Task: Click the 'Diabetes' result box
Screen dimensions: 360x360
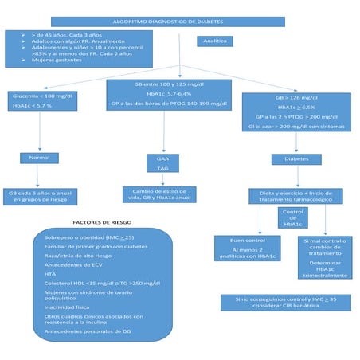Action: coord(296,158)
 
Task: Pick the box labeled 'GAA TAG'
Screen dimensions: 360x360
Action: coord(162,163)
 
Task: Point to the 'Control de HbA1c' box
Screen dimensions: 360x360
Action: coord(292,217)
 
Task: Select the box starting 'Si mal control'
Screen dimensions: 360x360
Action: coord(326,257)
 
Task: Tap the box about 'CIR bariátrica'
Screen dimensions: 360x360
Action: coord(284,302)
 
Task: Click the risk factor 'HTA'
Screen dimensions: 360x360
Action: coord(51,272)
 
